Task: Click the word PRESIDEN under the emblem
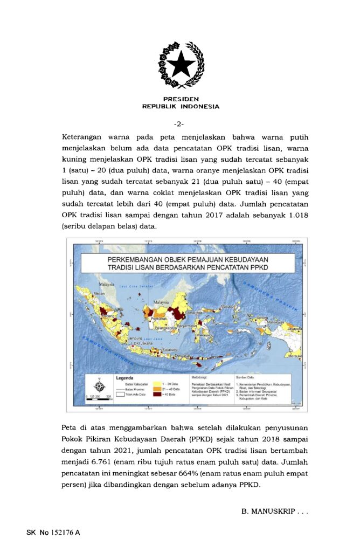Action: coord(181,99)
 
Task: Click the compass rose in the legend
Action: coord(99,385)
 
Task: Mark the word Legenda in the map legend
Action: coord(124,377)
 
